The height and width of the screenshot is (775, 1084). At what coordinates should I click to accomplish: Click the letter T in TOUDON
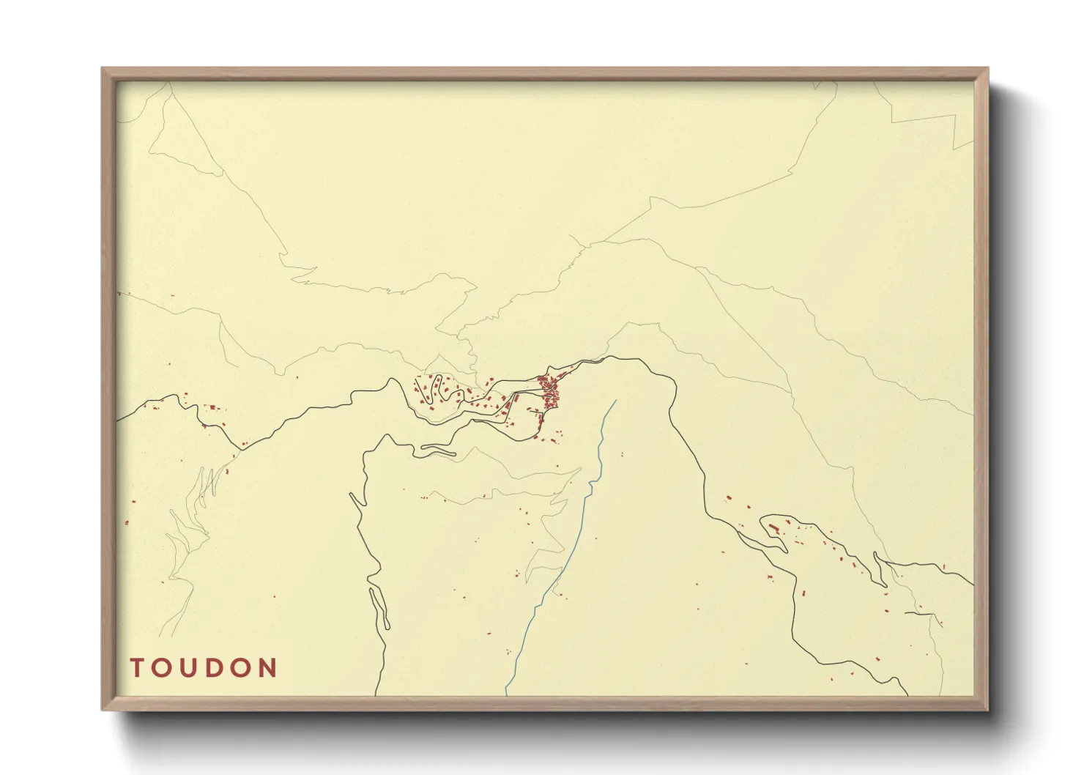[x=137, y=668]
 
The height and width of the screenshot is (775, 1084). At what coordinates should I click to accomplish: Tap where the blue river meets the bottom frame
[x=506, y=693]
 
